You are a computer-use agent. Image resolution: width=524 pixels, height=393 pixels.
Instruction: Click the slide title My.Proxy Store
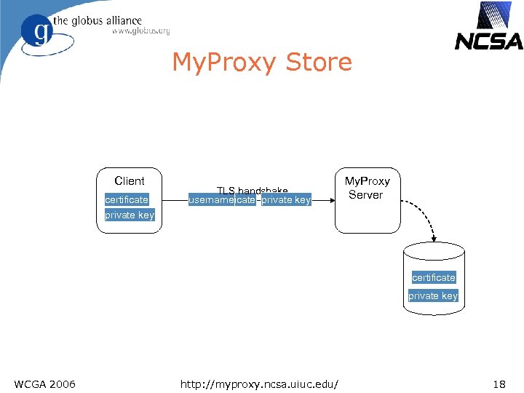262,63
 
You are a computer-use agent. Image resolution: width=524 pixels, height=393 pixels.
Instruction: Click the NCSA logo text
489,41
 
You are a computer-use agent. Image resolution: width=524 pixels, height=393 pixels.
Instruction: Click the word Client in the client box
130,181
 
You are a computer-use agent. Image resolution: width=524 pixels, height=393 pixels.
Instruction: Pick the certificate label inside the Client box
127,199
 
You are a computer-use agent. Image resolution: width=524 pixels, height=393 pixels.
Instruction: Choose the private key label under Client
130,215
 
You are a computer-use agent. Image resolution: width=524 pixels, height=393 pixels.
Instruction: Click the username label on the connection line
211,199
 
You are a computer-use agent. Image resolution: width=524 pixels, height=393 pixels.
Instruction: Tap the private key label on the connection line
286,199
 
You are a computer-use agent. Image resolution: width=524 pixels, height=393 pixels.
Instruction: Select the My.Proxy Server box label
367,188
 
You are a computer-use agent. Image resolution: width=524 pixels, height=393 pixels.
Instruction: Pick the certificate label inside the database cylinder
434,277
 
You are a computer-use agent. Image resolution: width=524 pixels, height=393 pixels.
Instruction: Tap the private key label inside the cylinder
433,295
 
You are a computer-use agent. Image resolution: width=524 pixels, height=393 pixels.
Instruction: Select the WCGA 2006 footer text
44,384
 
